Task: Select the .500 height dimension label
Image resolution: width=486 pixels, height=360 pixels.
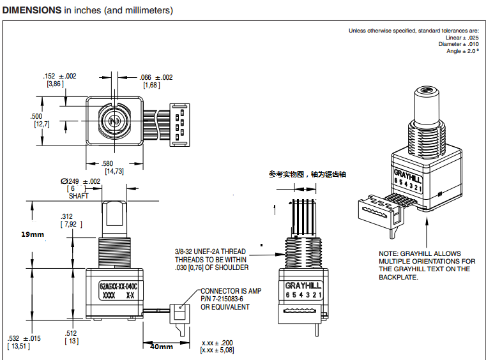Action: pos(36,116)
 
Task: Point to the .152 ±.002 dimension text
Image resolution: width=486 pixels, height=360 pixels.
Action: pos(59,77)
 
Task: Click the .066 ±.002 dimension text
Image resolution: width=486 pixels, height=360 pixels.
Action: pos(156,77)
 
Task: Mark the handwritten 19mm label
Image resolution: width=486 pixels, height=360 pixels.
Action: pos(33,234)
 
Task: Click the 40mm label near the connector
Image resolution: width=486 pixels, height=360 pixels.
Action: pos(162,346)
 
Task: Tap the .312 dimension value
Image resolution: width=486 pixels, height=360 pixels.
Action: pos(66,216)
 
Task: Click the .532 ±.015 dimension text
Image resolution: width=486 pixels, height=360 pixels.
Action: pos(24,338)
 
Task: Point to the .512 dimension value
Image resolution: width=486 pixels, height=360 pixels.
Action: pos(71,333)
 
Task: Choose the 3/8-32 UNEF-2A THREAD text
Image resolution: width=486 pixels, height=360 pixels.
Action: pos(212,251)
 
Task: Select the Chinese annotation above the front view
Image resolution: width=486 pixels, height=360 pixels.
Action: pos(310,174)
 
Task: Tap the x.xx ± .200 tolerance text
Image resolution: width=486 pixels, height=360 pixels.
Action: pos(221,342)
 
